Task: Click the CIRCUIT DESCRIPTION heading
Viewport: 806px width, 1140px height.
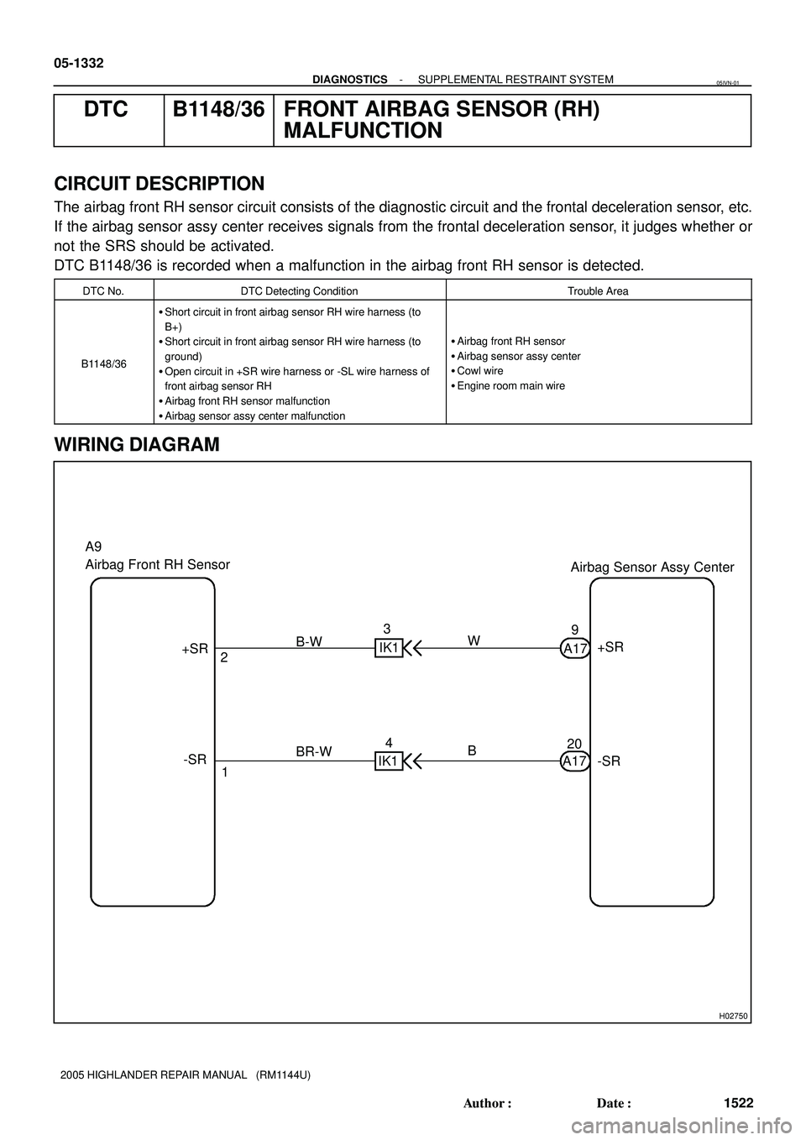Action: click(159, 184)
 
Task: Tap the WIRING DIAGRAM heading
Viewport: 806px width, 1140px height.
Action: click(137, 445)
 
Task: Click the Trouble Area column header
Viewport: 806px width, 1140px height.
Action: click(598, 291)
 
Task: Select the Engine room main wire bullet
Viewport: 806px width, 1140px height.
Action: click(508, 386)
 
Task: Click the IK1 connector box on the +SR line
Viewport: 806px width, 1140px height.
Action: click(389, 648)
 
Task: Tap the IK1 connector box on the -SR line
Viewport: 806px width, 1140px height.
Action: click(389, 761)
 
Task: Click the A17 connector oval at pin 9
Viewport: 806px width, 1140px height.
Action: click(575, 648)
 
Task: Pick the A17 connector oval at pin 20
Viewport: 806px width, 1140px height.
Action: click(575, 761)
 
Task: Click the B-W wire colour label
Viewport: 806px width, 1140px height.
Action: click(309, 641)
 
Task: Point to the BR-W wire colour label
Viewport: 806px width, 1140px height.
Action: click(314, 753)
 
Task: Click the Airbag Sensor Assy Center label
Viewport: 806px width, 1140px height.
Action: click(652, 567)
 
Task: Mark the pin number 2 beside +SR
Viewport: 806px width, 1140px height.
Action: click(224, 659)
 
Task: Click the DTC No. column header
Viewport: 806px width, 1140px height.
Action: click(104, 291)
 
